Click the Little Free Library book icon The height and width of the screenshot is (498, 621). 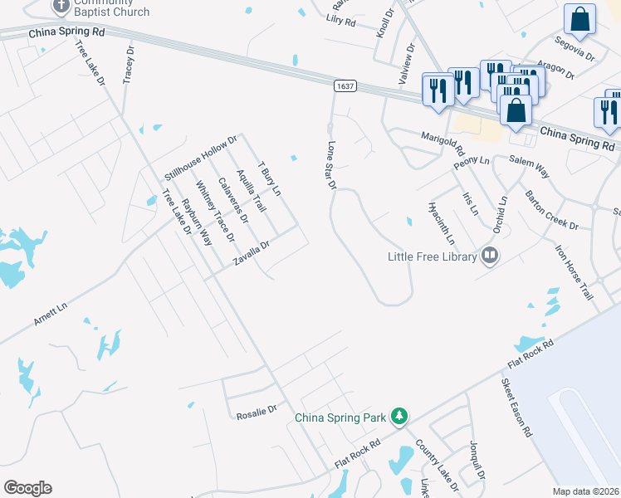point(490,256)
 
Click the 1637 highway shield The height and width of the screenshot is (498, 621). point(345,85)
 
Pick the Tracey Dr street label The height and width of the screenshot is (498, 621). point(129,64)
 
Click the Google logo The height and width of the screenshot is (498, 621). point(27,488)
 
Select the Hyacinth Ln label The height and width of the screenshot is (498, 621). point(442,222)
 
